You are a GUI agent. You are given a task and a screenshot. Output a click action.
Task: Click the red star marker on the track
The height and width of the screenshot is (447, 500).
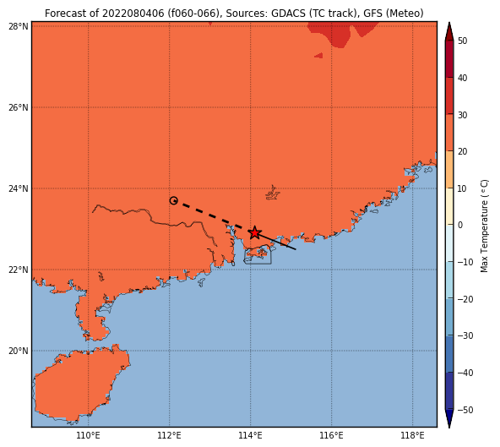point(254,232)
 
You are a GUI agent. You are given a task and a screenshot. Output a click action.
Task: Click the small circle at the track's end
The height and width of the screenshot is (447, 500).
point(173,200)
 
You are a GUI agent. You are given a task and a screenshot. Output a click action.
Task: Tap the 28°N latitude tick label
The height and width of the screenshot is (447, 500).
point(19,26)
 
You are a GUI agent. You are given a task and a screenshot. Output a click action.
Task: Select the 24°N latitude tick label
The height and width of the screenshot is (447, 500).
point(19,188)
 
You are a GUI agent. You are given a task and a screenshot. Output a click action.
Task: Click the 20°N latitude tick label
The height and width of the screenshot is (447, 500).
point(19,351)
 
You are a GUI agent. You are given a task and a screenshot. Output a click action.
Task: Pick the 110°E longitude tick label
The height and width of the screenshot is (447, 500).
point(89,435)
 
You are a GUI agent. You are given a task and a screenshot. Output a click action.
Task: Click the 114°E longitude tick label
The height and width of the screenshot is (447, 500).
point(250,435)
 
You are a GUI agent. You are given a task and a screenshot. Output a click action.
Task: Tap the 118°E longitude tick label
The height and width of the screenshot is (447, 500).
point(413,435)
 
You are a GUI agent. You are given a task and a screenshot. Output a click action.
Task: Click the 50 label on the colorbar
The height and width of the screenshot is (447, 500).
point(462,41)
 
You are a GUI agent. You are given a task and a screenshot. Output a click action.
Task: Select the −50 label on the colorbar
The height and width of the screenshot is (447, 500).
point(465,410)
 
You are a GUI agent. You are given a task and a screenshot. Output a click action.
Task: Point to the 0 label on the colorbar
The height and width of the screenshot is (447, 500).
point(460,225)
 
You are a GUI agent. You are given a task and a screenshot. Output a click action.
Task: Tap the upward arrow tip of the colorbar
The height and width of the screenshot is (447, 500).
point(449,22)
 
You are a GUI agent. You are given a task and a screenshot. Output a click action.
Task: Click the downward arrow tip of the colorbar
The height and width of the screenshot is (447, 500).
point(449,428)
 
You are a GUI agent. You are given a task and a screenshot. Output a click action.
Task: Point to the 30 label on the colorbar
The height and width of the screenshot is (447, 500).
point(462,115)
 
